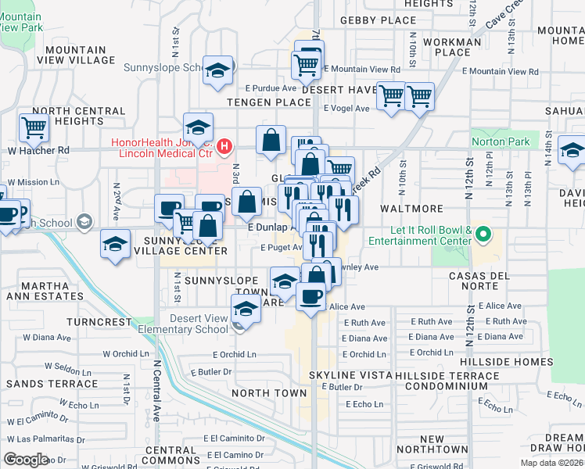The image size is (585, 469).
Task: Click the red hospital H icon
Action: (x=224, y=146)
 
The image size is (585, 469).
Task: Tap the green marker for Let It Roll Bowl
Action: (x=483, y=234)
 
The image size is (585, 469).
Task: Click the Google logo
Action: (x=26, y=459)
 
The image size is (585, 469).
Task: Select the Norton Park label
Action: (x=501, y=142)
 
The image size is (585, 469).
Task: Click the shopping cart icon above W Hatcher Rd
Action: (x=34, y=126)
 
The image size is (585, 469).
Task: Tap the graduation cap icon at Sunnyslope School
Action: (x=217, y=70)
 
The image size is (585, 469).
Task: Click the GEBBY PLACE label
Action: (x=379, y=20)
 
